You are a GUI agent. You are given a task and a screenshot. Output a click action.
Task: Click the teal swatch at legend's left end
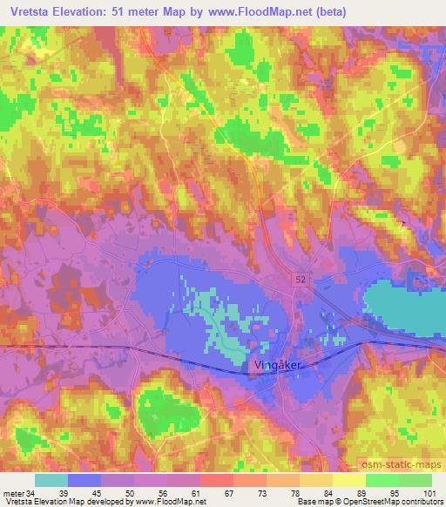tap(51, 480)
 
